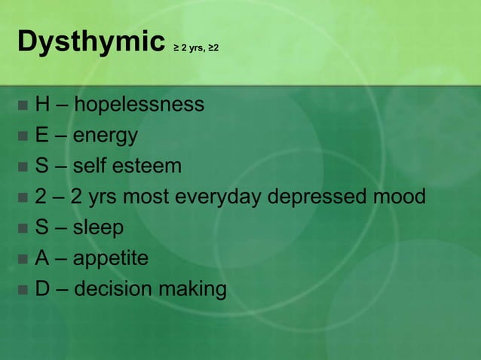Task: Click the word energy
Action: pos(106,136)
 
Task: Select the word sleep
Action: pos(98,227)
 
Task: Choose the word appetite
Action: pos(111,258)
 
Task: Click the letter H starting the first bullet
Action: pos(42,104)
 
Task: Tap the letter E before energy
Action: pos(41,135)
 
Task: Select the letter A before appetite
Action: pos(41,258)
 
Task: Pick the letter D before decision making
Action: pos(42,288)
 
